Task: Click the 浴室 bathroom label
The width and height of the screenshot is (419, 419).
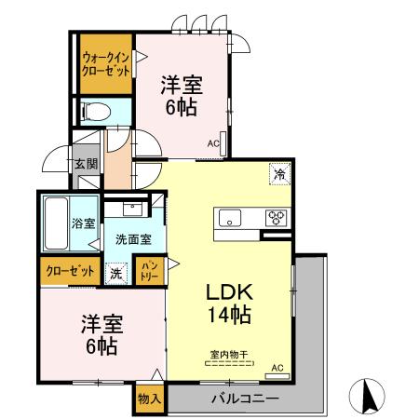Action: (x=84, y=223)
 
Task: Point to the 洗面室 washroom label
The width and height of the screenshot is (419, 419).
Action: (x=131, y=238)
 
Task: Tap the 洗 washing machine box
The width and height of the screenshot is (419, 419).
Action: (x=115, y=273)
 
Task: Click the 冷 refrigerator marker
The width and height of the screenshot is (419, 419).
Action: (x=277, y=173)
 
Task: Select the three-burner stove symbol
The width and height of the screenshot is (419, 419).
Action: (x=277, y=219)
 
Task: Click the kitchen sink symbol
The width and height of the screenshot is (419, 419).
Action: (x=229, y=219)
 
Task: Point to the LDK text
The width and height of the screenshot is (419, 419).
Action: (x=226, y=290)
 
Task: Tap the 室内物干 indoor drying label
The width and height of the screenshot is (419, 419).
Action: (x=227, y=353)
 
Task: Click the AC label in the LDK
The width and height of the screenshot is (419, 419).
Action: (x=277, y=369)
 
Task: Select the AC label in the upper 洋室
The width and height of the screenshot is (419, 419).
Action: (x=213, y=143)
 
